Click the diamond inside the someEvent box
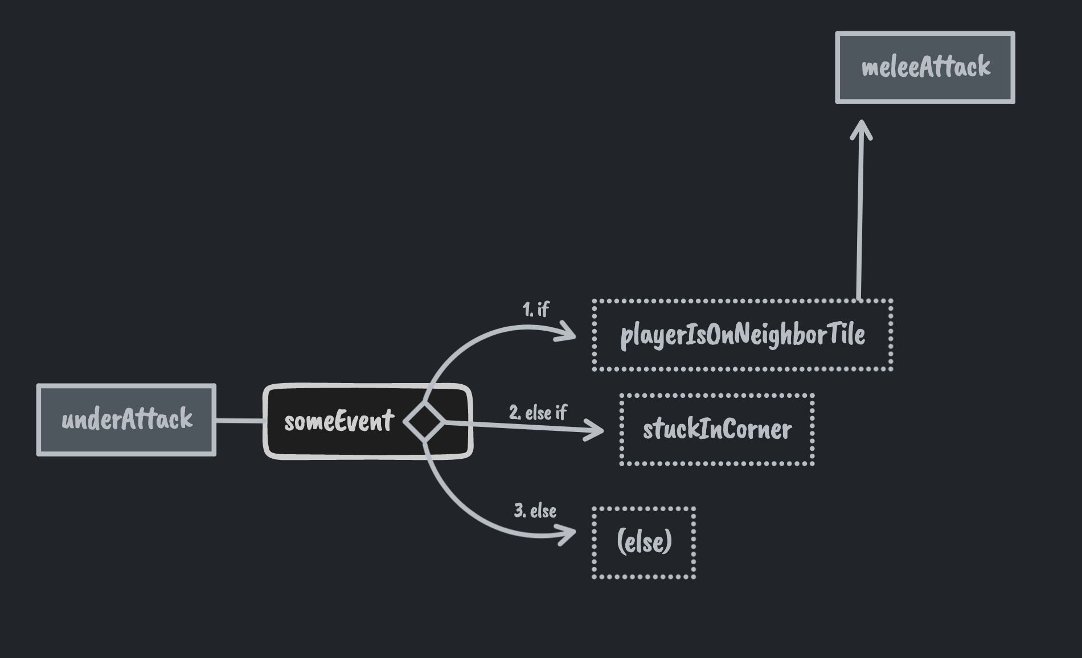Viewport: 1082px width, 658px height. (x=424, y=422)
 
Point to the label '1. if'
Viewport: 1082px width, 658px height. (x=535, y=309)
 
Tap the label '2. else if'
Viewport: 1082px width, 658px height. (x=538, y=413)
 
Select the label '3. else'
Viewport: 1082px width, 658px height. (x=535, y=511)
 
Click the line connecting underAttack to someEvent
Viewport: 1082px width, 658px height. (x=239, y=421)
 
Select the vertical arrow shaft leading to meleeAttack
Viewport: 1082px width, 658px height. (x=860, y=216)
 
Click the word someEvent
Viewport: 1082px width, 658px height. (x=339, y=422)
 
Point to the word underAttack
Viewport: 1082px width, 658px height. (x=126, y=420)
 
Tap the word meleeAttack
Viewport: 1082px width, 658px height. (x=926, y=67)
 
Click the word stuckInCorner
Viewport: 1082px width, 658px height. (x=717, y=430)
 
